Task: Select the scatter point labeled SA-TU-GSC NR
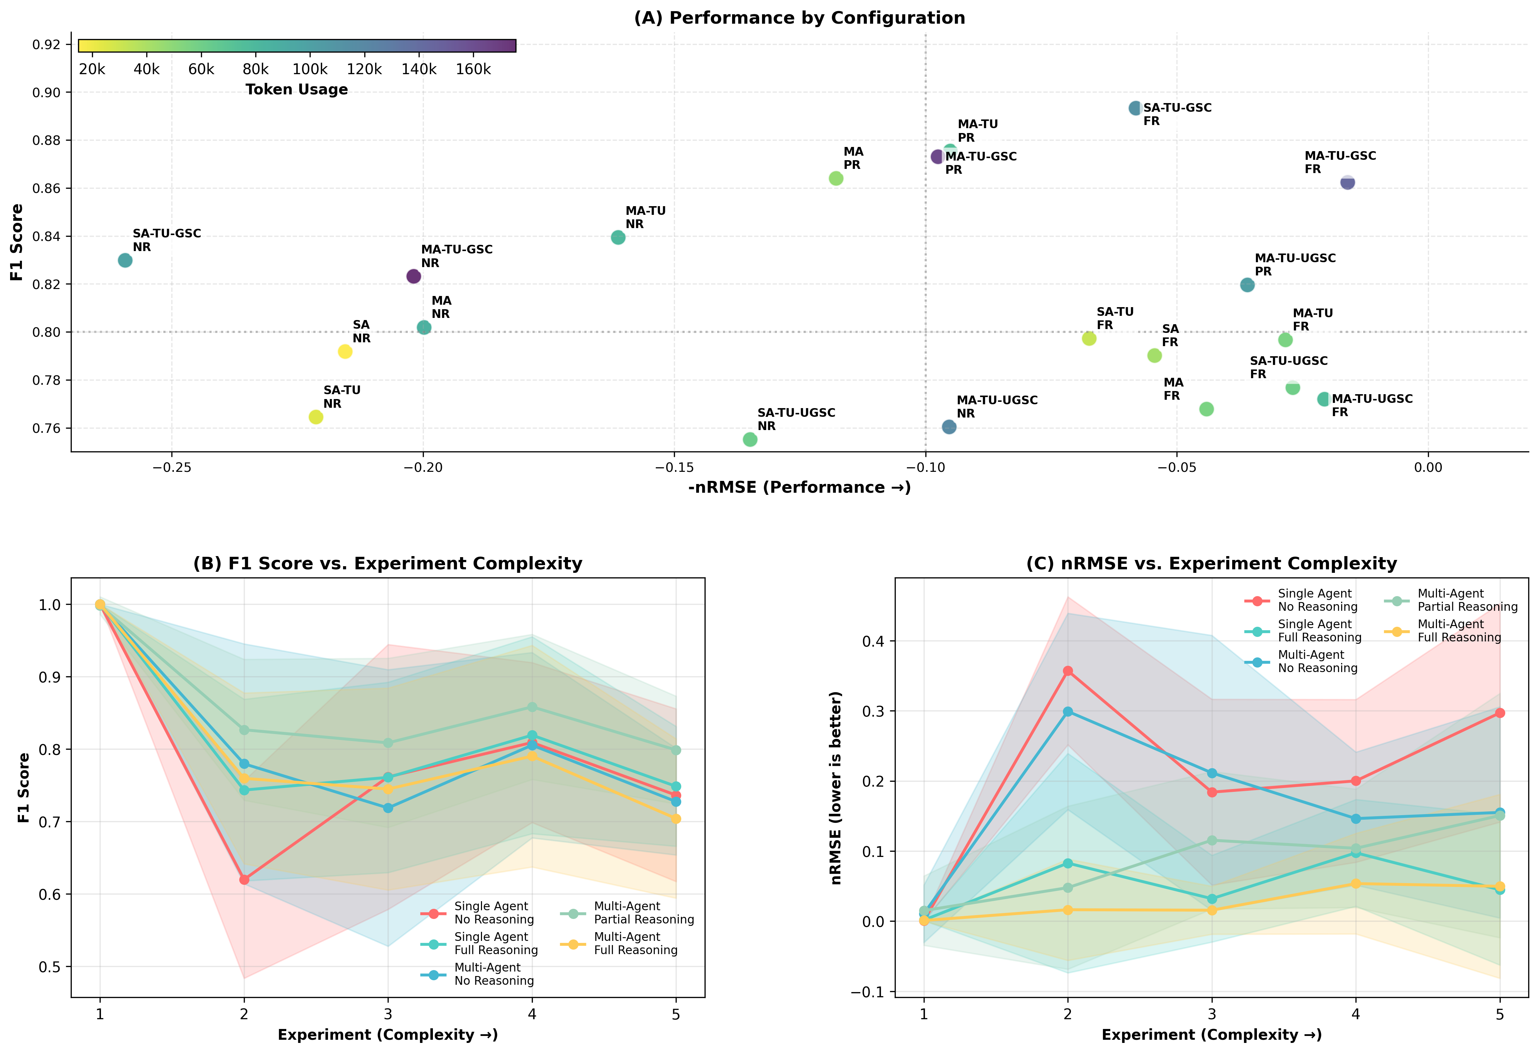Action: (125, 260)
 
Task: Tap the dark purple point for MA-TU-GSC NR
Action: (413, 276)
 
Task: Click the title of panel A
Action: (799, 18)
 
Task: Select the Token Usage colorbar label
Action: (297, 89)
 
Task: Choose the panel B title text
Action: (387, 564)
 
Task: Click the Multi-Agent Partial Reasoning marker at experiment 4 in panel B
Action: (532, 707)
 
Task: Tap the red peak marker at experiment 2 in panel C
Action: (1067, 671)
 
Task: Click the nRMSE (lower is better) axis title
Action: (837, 788)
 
